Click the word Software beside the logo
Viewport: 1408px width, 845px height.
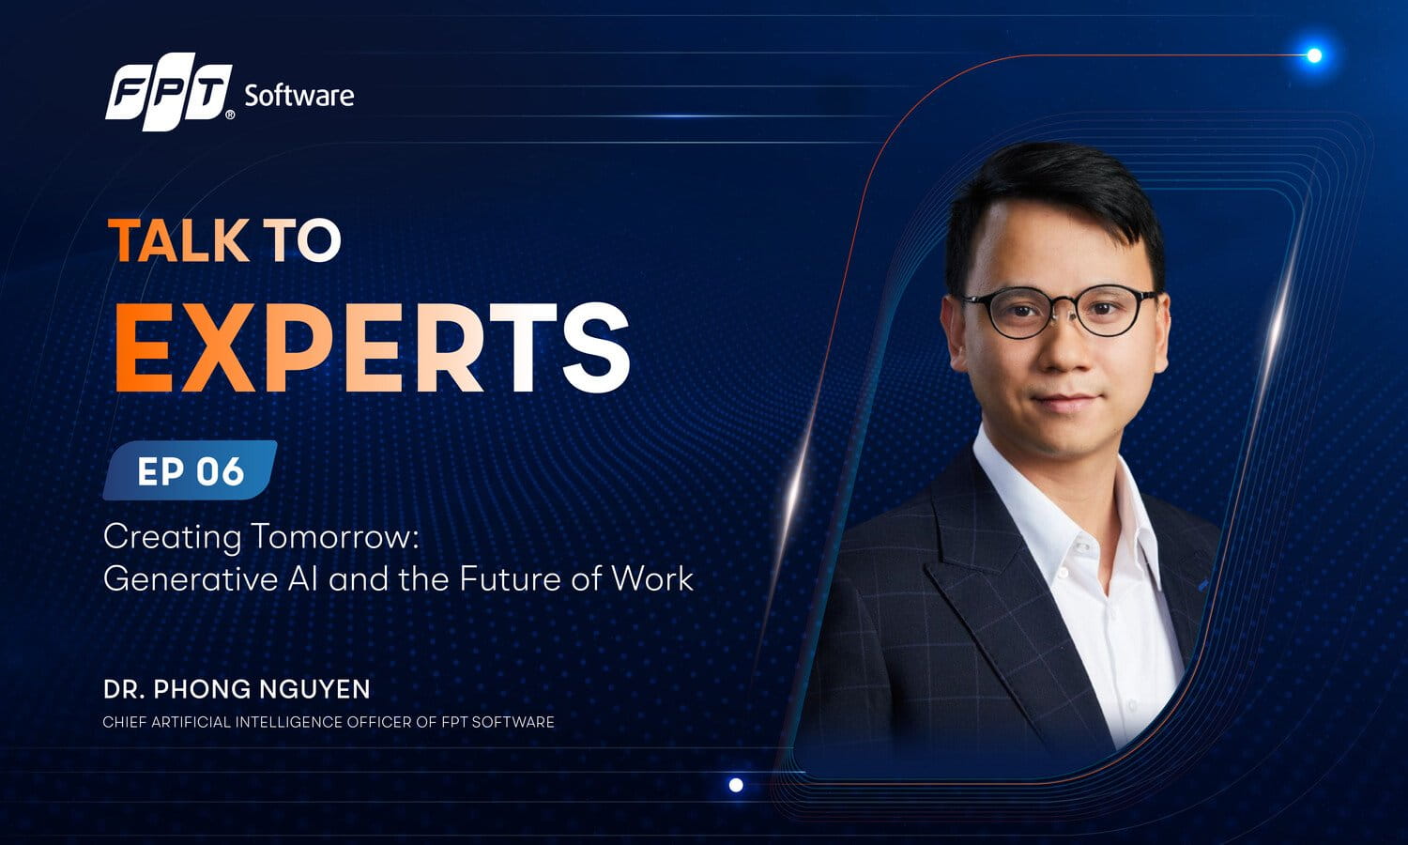coord(299,96)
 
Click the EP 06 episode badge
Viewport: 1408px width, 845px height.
coord(190,470)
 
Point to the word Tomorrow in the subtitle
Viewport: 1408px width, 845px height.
coord(335,537)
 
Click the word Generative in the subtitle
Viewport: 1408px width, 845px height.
coord(191,578)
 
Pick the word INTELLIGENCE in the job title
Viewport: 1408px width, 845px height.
coord(290,722)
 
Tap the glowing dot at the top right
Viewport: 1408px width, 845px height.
coord(1314,55)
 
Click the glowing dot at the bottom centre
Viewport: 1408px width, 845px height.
coord(736,785)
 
